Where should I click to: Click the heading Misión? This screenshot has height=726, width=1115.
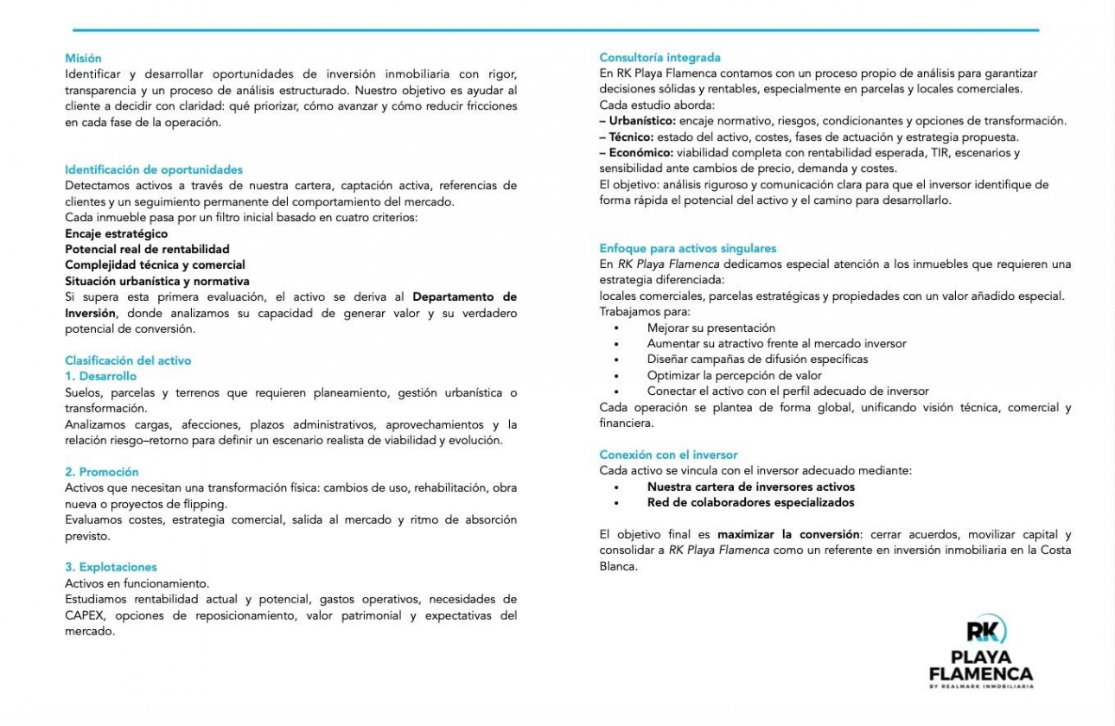(x=83, y=58)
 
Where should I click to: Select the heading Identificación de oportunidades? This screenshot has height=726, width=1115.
(x=154, y=169)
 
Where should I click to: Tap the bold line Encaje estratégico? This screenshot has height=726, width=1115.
(x=117, y=233)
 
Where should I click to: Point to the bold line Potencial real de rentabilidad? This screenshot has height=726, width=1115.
(x=147, y=249)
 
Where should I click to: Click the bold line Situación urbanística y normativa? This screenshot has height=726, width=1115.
(x=157, y=281)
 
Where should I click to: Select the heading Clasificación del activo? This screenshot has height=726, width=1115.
(x=128, y=360)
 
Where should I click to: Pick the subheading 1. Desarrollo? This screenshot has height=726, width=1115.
(x=100, y=376)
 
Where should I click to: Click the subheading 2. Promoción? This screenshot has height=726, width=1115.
(x=102, y=472)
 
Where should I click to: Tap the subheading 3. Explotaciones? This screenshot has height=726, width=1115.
(x=111, y=567)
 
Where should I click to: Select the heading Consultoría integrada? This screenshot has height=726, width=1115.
(x=659, y=58)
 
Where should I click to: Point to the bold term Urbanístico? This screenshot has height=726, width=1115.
(x=643, y=121)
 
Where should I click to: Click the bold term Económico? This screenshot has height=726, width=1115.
(x=641, y=153)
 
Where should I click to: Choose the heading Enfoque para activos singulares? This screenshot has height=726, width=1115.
(x=688, y=248)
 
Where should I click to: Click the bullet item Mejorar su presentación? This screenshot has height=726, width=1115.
(x=710, y=328)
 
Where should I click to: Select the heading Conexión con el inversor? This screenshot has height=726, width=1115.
(x=668, y=455)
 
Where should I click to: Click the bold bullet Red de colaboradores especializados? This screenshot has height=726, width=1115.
(x=750, y=502)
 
